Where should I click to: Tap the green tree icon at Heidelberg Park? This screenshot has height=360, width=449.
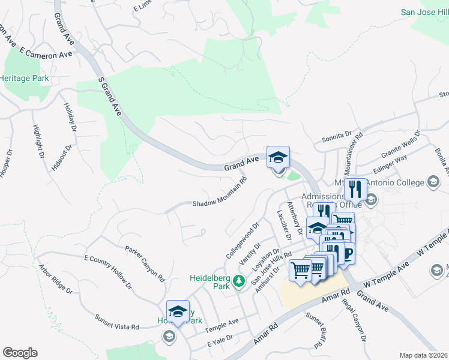coord(239,281)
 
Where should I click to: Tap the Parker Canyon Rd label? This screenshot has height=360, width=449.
coord(145,264)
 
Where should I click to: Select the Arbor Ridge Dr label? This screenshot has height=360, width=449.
coord(56,280)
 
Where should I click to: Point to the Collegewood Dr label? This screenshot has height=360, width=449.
coord(242,241)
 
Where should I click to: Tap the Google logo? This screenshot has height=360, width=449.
coord(19,353)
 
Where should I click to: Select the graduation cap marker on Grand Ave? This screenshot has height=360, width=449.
coord(278,158)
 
